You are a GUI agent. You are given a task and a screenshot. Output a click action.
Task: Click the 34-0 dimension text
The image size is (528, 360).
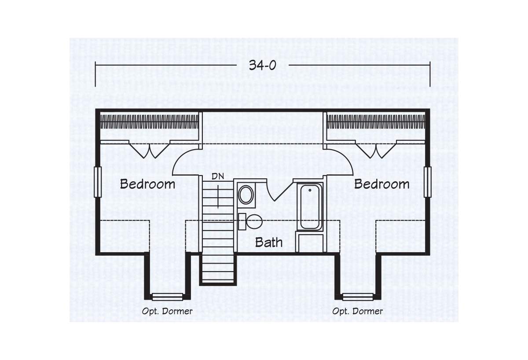262,65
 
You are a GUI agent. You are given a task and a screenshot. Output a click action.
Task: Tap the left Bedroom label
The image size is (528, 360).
147,184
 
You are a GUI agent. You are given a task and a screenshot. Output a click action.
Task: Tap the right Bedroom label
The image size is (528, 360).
381,184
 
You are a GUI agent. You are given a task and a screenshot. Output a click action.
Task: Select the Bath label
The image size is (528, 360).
269,242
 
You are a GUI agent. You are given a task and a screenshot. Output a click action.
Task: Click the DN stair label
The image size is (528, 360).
218,176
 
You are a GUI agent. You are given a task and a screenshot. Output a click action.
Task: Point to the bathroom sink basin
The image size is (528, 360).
246,195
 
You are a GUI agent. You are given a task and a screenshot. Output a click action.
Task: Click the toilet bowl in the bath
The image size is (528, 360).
254,221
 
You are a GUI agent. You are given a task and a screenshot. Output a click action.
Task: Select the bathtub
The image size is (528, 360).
310,206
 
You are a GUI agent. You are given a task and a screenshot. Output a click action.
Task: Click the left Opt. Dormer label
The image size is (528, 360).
167,312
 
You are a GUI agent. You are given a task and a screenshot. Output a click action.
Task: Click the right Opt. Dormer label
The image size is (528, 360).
357,312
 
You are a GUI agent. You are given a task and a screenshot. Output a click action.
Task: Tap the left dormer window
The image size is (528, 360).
167,297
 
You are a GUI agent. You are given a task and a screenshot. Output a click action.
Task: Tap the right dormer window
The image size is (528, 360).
358,297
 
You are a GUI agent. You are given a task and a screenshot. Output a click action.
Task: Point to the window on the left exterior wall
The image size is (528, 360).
98,182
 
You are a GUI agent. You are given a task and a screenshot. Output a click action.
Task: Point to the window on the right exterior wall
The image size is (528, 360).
428,182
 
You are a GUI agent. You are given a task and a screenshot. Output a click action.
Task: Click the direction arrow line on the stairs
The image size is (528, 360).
218,197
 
